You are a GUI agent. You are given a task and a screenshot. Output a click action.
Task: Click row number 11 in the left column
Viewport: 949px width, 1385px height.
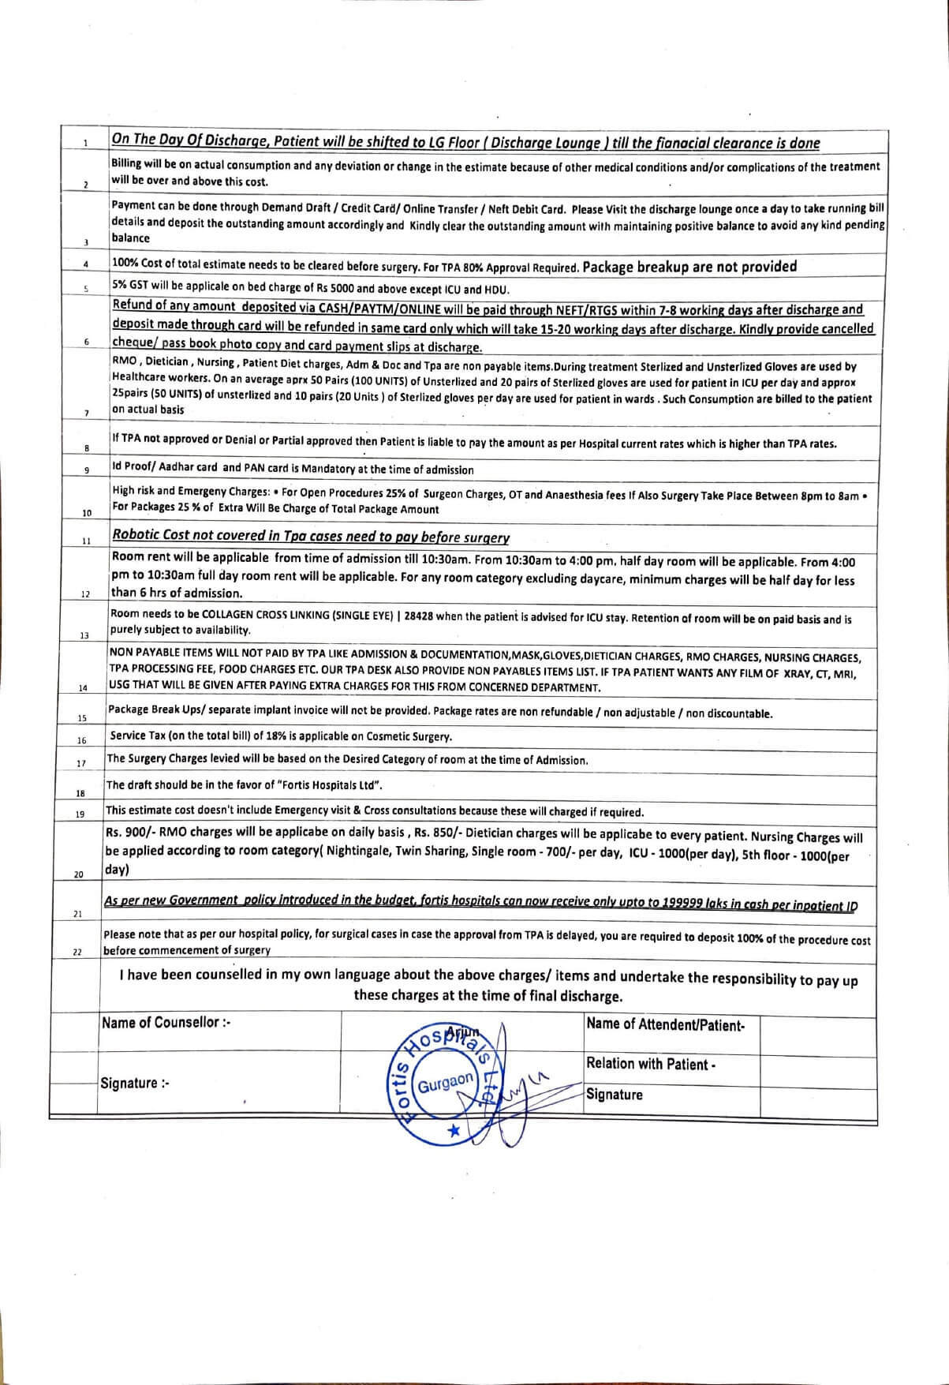(x=85, y=541)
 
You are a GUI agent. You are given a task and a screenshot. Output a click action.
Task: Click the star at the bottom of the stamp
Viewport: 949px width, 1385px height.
(x=453, y=1131)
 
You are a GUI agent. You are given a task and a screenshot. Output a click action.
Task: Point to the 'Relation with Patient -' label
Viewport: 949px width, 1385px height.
(x=651, y=1064)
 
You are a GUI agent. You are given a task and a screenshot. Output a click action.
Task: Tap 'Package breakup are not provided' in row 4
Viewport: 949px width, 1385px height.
(x=689, y=266)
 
